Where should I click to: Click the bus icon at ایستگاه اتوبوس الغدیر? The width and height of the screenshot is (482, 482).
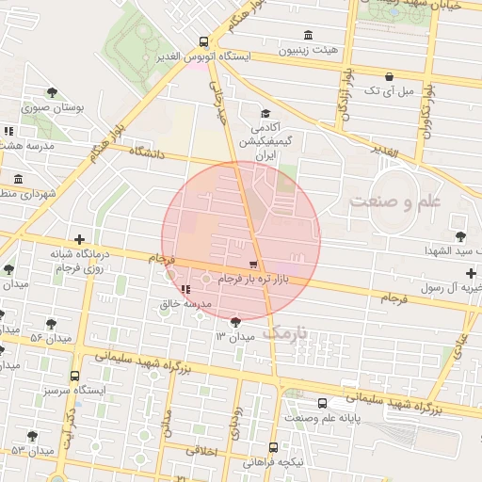204,40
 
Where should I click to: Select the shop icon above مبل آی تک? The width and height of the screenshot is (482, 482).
390,75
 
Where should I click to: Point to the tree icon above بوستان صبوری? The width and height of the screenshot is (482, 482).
51,92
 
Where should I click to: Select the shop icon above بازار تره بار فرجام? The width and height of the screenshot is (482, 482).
252,265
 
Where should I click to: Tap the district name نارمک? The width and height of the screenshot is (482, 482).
284,332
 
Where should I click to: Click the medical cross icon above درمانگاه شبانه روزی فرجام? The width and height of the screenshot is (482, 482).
79,239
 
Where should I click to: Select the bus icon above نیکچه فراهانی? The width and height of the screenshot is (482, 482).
273,447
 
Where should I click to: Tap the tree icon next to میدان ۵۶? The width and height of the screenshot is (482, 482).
51,323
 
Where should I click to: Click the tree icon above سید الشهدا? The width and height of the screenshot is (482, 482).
460,235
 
